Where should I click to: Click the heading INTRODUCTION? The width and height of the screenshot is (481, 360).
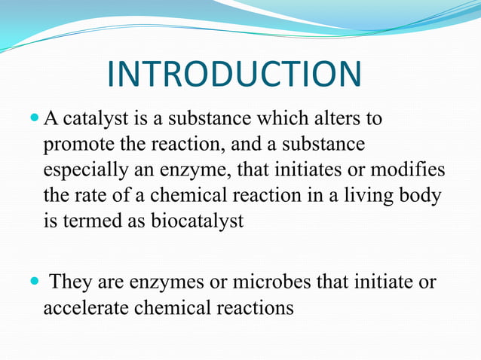coord(234,75)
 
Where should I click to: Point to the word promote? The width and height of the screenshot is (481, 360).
coord(76,144)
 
